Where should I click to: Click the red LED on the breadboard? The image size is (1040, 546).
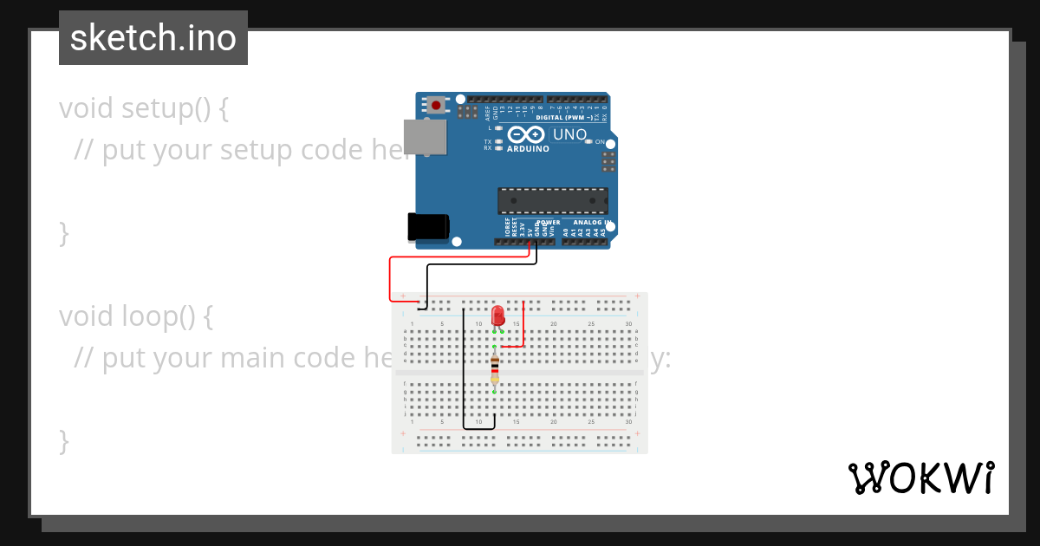coord(497,315)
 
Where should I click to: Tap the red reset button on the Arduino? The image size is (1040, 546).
coord(436,106)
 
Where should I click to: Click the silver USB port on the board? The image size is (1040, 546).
coord(426,137)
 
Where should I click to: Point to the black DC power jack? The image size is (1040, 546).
coord(428,227)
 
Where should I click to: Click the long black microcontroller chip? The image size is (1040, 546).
coord(552,200)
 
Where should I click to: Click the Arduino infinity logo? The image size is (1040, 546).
coord(526,134)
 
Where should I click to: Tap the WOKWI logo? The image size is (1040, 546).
coord(921,478)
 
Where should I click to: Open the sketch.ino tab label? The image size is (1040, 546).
coord(153,38)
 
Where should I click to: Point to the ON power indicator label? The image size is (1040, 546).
coord(600,141)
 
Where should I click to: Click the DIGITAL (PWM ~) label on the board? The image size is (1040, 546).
coord(564,117)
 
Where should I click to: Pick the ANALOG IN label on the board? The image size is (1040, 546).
coord(593,223)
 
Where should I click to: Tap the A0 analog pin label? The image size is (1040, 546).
coord(566,232)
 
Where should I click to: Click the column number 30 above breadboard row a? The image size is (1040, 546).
coord(628,324)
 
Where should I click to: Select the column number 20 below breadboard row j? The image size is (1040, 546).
coord(554,421)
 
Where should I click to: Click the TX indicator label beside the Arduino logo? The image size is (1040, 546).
coord(488,141)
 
